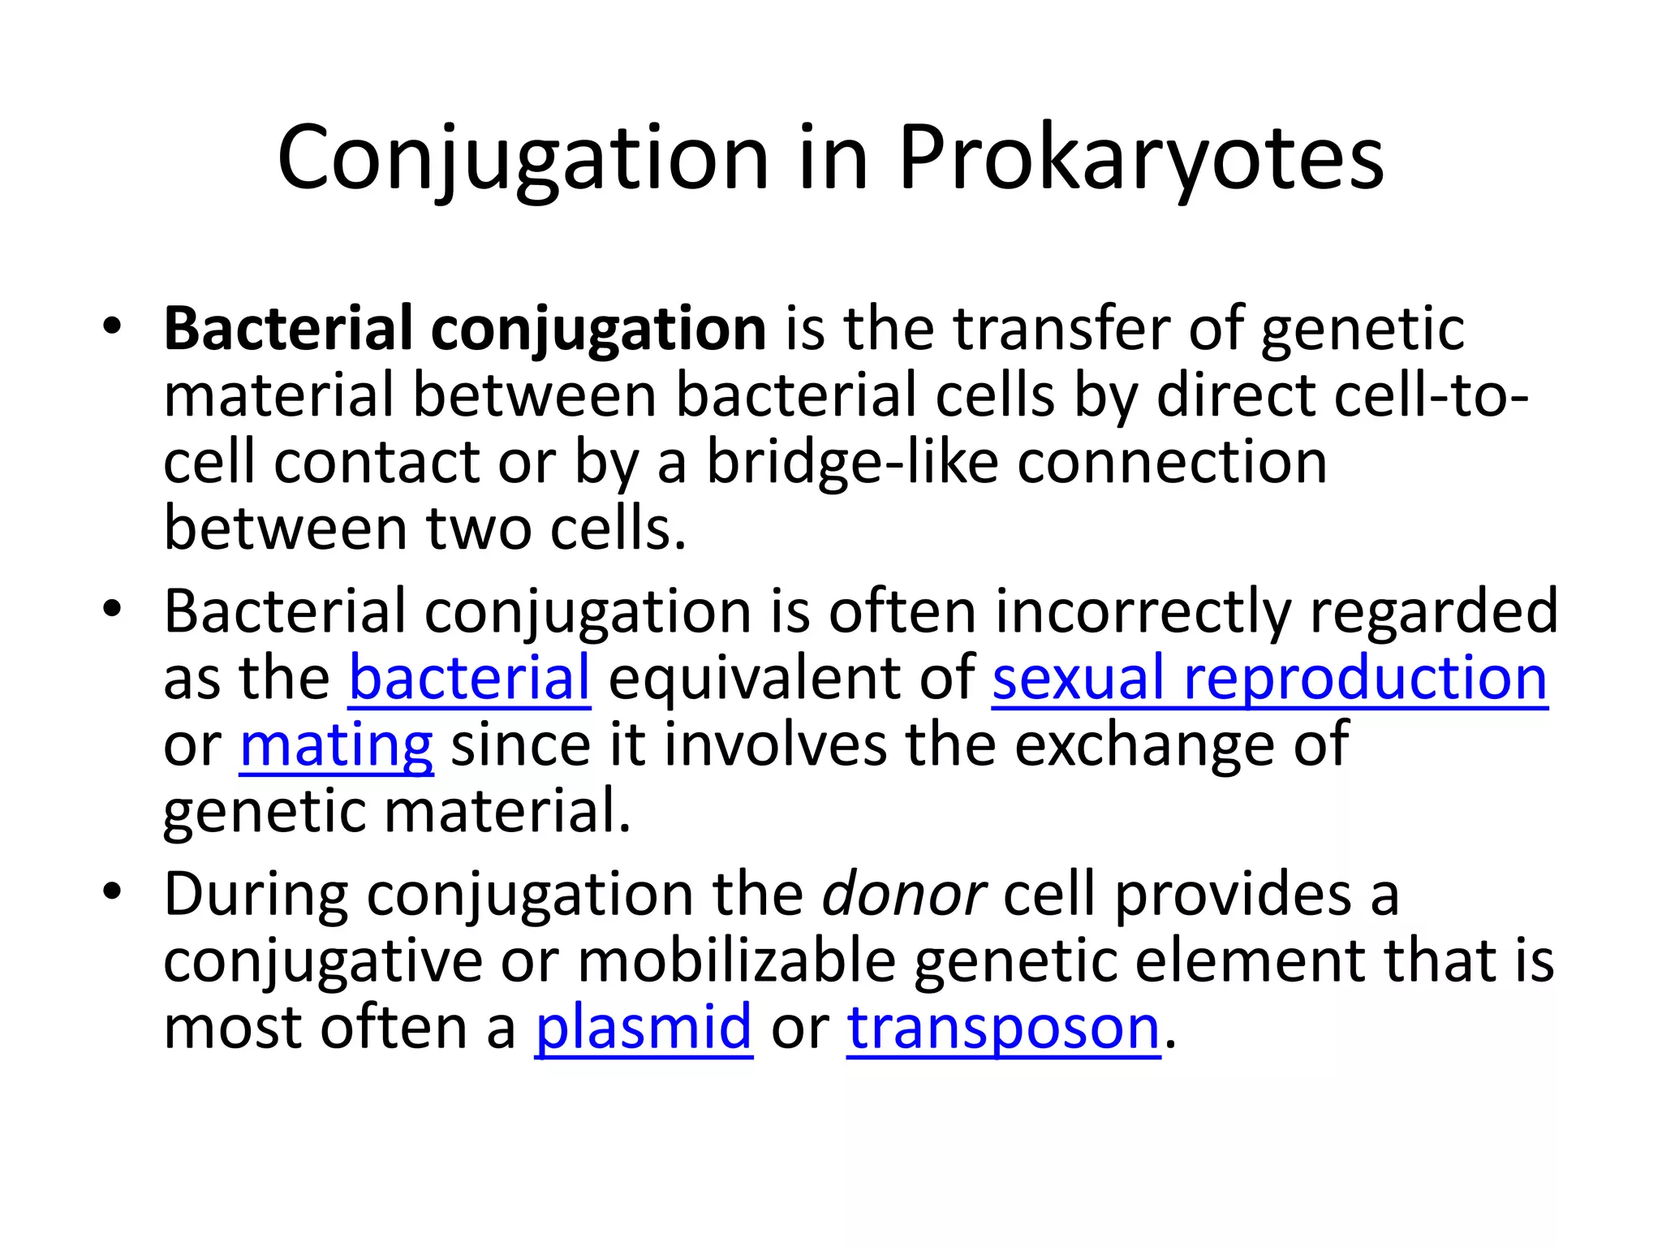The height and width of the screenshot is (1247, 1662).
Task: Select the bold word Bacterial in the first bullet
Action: click(x=288, y=329)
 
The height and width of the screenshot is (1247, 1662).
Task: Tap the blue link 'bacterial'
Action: click(x=469, y=678)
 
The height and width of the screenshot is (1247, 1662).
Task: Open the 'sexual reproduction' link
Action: click(x=1269, y=678)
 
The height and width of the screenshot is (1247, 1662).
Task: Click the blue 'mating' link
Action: click(x=336, y=745)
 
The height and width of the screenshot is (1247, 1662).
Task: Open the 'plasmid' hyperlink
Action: click(x=644, y=1028)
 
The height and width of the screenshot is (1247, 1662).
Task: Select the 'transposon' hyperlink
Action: click(x=1004, y=1028)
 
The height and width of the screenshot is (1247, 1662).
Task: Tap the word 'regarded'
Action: click(x=1433, y=611)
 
